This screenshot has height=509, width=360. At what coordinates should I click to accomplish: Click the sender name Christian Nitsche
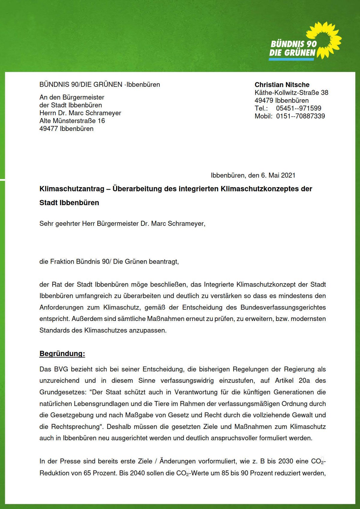pyautogui.click(x=282, y=85)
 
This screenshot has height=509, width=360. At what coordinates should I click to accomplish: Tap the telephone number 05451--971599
pyautogui.click(x=298, y=108)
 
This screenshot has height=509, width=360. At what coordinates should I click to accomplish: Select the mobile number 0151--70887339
pyautogui.click(x=300, y=116)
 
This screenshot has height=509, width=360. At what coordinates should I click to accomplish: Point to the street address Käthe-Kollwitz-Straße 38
pyautogui.click(x=291, y=93)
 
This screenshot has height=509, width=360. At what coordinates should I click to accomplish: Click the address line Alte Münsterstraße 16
pyautogui.click(x=72, y=121)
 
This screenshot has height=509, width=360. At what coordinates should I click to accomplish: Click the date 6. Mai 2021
pyautogui.click(x=278, y=175)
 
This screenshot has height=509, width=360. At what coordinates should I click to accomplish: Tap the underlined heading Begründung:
pyautogui.click(x=62, y=354)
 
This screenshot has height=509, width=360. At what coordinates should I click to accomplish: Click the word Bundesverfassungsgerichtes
pyautogui.click(x=283, y=307)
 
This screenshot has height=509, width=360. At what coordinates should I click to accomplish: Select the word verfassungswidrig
pyautogui.click(x=187, y=381)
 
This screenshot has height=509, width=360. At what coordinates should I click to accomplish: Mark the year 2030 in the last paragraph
pyautogui.click(x=286, y=461)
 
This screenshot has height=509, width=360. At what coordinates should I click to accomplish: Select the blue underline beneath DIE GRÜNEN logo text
pyautogui.click(x=291, y=59)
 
